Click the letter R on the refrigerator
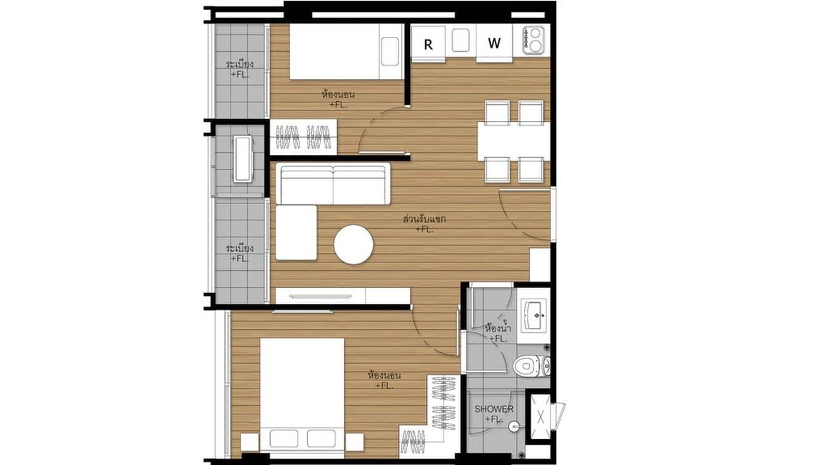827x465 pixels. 428,44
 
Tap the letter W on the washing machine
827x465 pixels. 494,43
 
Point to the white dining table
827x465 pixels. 513,141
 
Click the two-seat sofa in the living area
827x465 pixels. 333,183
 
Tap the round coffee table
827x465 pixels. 353,245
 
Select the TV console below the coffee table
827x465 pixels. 342,296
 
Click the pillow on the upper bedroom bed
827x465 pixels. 389,51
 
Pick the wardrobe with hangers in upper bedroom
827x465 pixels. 303,137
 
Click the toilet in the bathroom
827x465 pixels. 528,366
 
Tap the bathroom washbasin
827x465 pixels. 534,315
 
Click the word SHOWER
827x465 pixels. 494,409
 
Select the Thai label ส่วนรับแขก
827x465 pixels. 424,219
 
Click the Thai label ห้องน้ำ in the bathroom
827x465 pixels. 497,327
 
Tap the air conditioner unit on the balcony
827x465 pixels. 242,158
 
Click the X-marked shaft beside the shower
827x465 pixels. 540,416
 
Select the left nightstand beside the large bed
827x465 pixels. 250,442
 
